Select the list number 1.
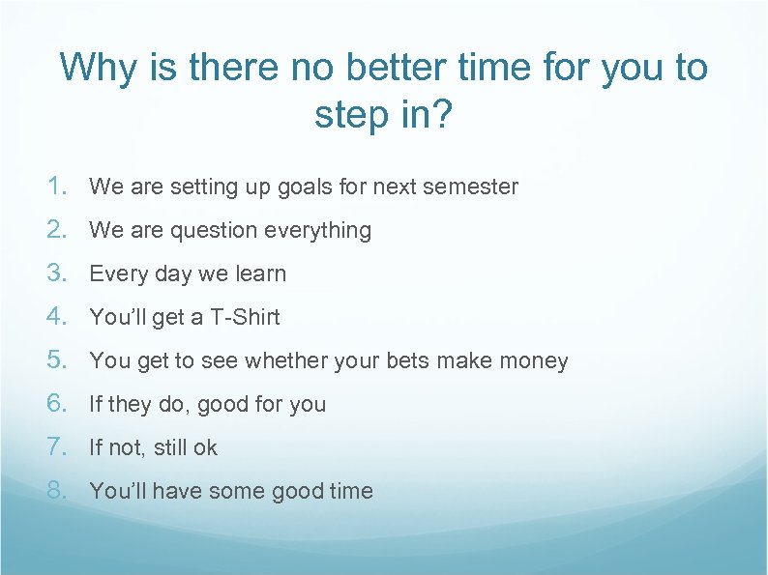(x=58, y=186)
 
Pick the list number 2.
(x=58, y=229)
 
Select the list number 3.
(x=58, y=273)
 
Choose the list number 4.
(x=58, y=316)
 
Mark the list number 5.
(x=58, y=359)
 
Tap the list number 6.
(x=58, y=403)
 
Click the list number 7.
(x=58, y=446)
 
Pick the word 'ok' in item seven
(x=205, y=447)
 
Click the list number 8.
(x=58, y=490)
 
